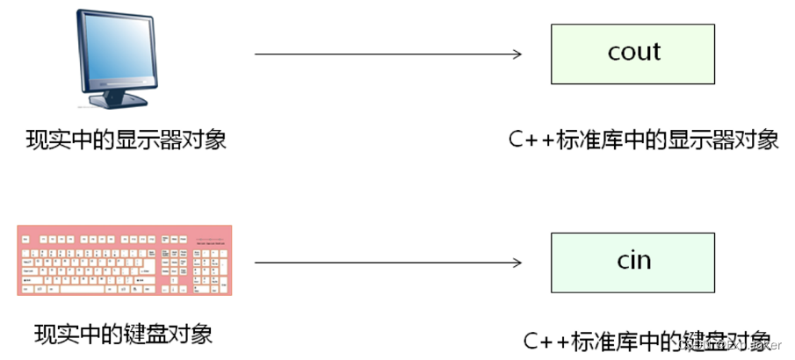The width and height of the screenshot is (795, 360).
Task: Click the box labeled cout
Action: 633,53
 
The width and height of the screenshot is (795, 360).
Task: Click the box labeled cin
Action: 633,262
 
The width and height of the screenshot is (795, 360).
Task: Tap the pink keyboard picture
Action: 125,261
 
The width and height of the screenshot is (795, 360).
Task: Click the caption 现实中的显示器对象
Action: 126,140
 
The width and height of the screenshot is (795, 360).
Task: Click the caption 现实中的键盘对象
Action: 124,335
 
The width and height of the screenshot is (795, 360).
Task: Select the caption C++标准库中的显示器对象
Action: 643,140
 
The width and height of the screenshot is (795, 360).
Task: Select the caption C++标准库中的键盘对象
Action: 647,340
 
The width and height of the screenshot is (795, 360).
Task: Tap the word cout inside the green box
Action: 633,52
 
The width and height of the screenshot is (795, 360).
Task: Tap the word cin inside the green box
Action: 633,261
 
